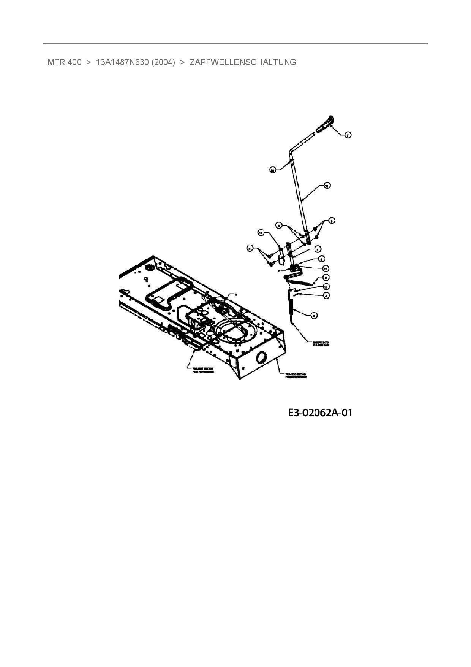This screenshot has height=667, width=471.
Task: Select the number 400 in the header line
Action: pyautogui.click(x=74, y=62)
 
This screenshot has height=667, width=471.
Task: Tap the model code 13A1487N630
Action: pyautogui.click(x=122, y=62)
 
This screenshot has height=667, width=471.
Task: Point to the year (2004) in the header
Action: pyautogui.click(x=163, y=62)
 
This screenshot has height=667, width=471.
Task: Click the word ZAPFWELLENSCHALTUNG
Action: pyautogui.click(x=243, y=62)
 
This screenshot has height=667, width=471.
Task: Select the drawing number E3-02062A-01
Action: pyautogui.click(x=320, y=413)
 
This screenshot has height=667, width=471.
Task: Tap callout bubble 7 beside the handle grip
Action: pyautogui.click(x=348, y=135)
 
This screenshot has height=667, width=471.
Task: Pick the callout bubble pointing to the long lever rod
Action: pyautogui.click(x=327, y=185)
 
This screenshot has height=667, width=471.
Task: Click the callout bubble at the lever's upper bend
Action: pyautogui.click(x=272, y=171)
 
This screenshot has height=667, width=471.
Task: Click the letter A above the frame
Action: pyautogui.click(x=235, y=294)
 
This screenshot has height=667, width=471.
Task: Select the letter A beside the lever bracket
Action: pyautogui.click(x=279, y=271)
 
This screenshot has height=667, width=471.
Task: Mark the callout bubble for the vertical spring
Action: pyautogui.click(x=314, y=315)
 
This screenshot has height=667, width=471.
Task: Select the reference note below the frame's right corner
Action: pyautogui.click(x=296, y=375)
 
